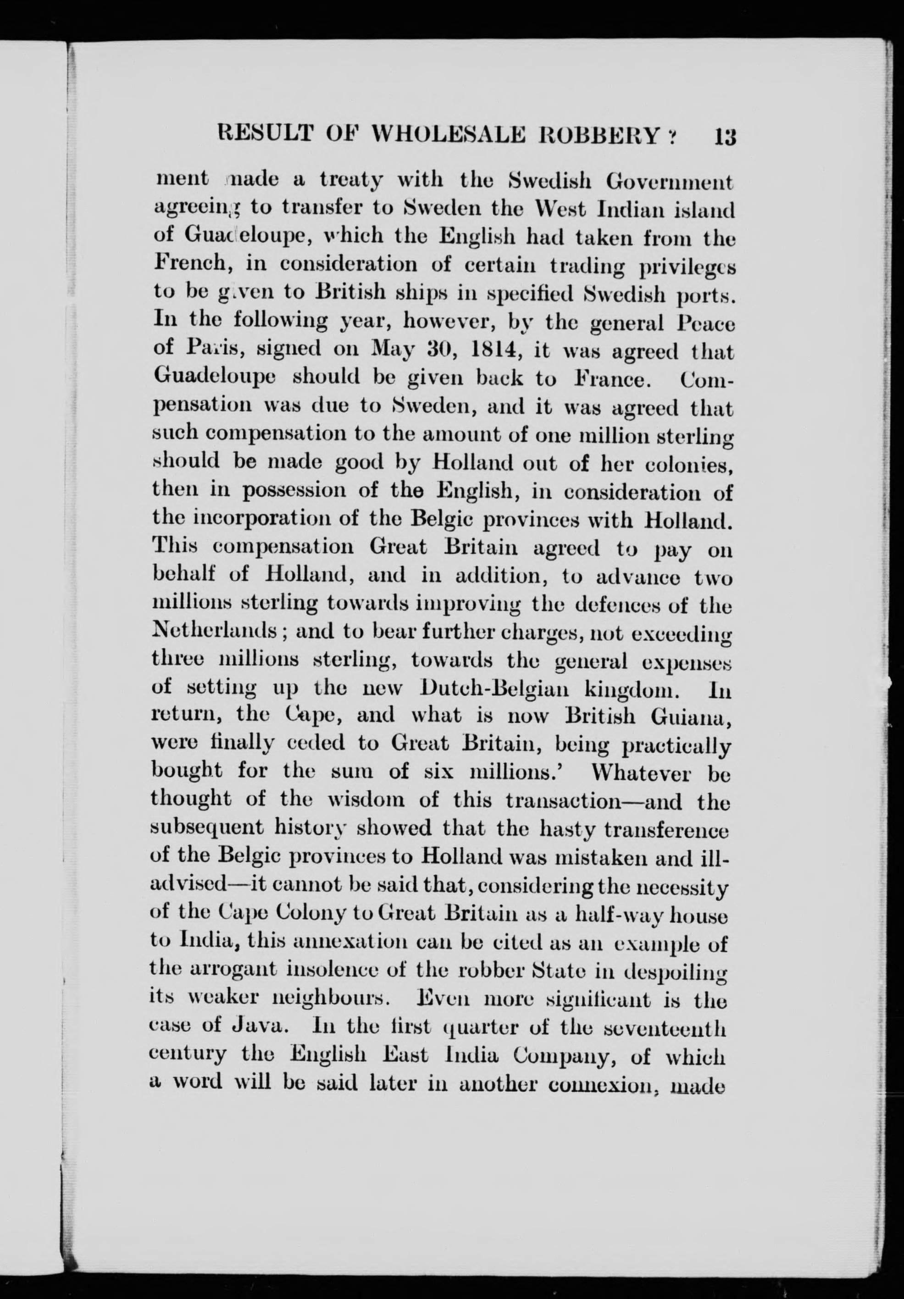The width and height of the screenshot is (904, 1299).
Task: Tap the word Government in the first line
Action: click(x=670, y=182)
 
